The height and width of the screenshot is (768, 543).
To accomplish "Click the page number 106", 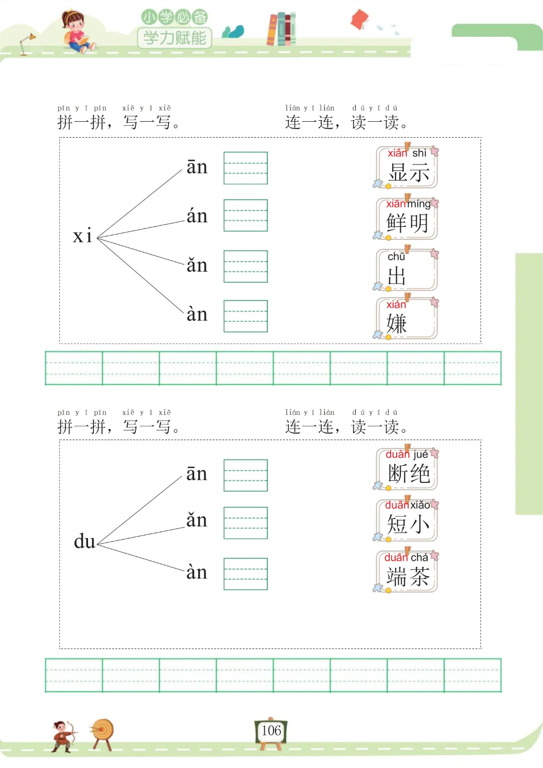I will pos(271,730).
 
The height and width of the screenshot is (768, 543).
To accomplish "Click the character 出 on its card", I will pos(397,276).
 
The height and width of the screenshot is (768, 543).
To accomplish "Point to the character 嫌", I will pos(397,323).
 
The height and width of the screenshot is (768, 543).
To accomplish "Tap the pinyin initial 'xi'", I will pos(82,236).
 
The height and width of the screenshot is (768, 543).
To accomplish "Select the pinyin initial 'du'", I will pos(84,542).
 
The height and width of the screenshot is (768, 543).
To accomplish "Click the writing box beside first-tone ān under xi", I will pos(245,168).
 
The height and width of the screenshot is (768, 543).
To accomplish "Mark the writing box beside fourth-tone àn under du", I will pos(245,574).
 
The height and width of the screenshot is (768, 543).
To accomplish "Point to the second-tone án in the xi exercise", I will pos(197,216).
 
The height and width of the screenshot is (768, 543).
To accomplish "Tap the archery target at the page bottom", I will pos(103,732).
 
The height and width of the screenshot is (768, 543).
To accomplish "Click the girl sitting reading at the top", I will pos(75,31).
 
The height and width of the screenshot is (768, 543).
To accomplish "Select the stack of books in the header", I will pos(282,29).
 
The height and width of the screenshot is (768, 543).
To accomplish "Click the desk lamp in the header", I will pos(26,42).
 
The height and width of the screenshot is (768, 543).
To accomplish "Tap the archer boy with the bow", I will pos(63,735).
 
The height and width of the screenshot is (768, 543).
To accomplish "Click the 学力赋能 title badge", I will pos(174,37).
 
